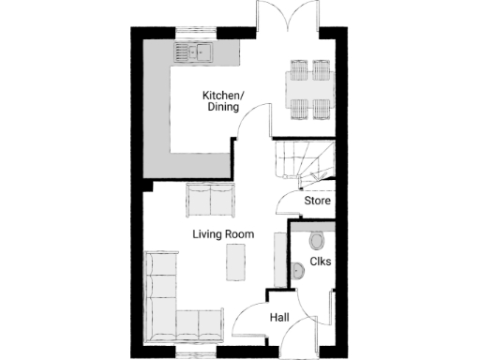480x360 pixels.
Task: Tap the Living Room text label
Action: [224, 233]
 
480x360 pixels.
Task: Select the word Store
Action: [317, 201]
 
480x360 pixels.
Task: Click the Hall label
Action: [279, 319]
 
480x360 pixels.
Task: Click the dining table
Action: [308, 90]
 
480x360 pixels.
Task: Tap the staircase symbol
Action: [301, 159]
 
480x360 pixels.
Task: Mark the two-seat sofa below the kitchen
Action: [212, 199]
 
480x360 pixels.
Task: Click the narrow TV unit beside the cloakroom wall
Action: [278, 255]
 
